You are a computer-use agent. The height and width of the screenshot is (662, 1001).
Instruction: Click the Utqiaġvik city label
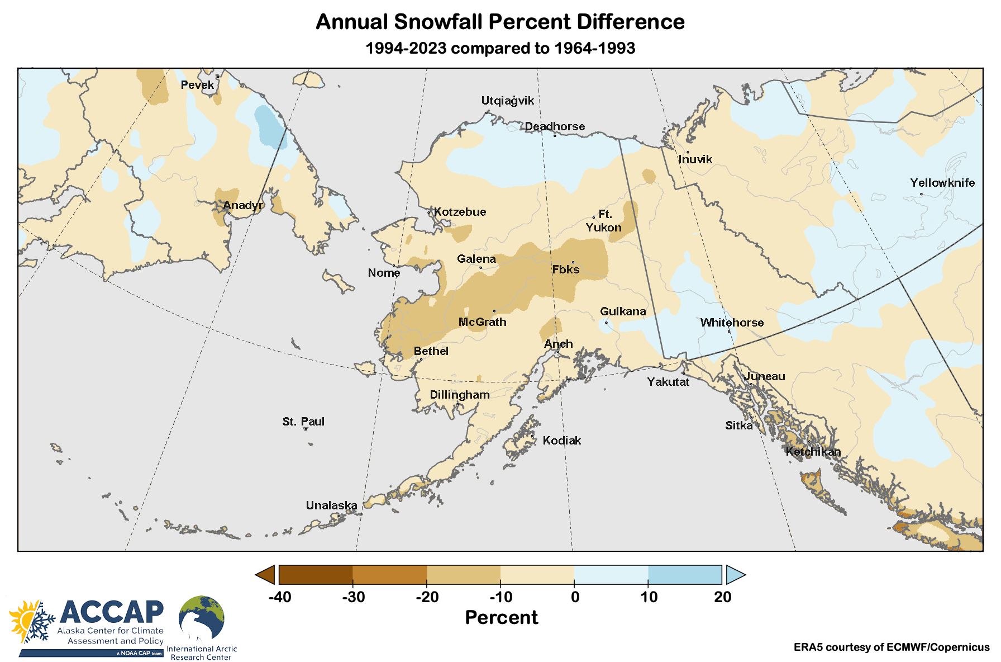pos(507,101)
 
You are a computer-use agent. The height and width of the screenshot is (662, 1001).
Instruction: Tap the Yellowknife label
pos(942,183)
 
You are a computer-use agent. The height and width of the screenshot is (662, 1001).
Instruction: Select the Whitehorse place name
pos(732,323)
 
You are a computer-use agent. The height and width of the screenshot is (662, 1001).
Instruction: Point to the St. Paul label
pos(303,422)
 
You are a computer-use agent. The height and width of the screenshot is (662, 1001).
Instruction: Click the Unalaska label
pos(331,505)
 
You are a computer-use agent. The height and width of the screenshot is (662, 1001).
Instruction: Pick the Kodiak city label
pos(562,441)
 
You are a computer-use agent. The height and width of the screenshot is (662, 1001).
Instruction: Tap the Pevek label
pos(197,85)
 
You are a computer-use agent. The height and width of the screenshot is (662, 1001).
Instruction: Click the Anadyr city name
pos(243,205)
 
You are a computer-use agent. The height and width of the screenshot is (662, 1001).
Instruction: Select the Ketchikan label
pos(813,452)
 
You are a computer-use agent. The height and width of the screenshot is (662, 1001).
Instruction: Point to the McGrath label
pos(482,322)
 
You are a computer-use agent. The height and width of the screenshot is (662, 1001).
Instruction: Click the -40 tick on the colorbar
pos(279,597)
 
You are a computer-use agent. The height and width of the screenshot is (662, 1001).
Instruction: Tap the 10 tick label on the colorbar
pos(649,597)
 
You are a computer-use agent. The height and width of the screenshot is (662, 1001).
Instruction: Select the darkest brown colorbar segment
pos(316,575)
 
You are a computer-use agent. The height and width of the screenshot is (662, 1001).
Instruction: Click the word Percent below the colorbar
pos(501,617)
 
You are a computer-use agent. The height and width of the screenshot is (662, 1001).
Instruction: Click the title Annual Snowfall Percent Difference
pos(500,22)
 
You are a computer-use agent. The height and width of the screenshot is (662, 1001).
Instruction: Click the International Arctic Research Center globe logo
pos(202,618)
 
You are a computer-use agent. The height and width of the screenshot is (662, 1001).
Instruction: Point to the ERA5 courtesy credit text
pos(891,647)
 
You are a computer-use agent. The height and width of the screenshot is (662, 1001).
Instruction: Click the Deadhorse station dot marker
pos(555,135)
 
